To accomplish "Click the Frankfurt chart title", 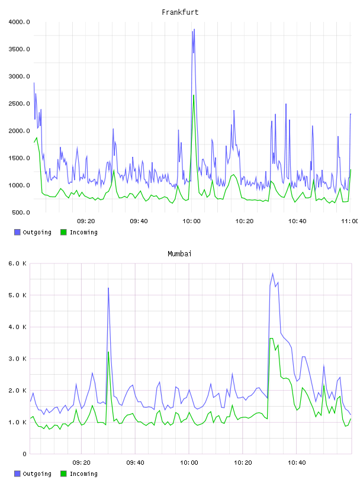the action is (x=180, y=12).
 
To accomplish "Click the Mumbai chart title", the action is (x=179, y=254).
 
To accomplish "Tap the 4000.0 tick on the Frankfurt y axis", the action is (x=19, y=22).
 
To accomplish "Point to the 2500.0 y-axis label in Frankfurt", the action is (x=19, y=104).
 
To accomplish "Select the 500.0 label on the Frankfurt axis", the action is (x=21, y=212).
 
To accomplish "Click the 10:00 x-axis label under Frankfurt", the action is (x=191, y=221).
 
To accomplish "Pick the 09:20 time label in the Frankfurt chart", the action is (x=86, y=221).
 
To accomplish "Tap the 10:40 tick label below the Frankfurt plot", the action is (x=297, y=221).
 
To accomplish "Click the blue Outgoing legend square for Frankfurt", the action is (x=17, y=232).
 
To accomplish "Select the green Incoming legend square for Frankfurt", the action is (x=63, y=232).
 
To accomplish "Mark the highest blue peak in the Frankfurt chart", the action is (x=194, y=29).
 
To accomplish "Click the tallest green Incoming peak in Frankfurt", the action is (x=194, y=95).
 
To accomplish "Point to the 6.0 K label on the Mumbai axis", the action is (x=17, y=263).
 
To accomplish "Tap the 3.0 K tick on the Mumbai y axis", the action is (x=17, y=359).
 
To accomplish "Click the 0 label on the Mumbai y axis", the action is (x=24, y=454).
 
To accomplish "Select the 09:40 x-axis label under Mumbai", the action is (x=135, y=463).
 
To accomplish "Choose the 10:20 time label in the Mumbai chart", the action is (x=243, y=463).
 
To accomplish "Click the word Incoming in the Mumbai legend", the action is (x=83, y=474).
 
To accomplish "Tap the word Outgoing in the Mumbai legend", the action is (x=37, y=474).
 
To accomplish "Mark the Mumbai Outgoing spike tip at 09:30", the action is (x=108, y=288).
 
